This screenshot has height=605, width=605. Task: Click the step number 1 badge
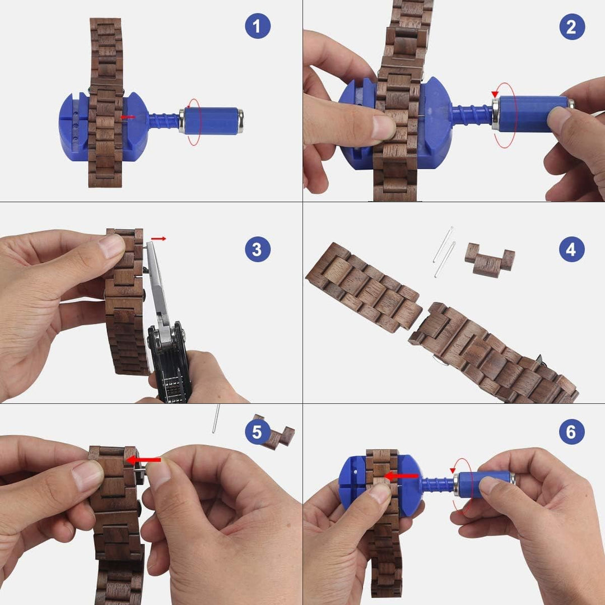click(257, 26)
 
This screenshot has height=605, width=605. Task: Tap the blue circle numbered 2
click(572, 27)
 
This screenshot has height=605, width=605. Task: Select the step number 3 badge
click(257, 249)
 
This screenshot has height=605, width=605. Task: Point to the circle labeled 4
click(571, 249)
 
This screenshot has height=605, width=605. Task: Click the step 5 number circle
click(257, 432)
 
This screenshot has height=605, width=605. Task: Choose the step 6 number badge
click(571, 432)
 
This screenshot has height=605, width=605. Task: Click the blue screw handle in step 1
click(211, 121)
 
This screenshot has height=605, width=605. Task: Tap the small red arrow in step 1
click(128, 117)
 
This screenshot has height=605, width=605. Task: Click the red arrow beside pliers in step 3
click(159, 239)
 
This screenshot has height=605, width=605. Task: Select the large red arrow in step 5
click(143, 459)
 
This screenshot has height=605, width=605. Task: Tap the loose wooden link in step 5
click(274, 432)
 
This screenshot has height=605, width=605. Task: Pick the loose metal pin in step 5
click(216, 418)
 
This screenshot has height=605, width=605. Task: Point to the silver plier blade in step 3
click(157, 281)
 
